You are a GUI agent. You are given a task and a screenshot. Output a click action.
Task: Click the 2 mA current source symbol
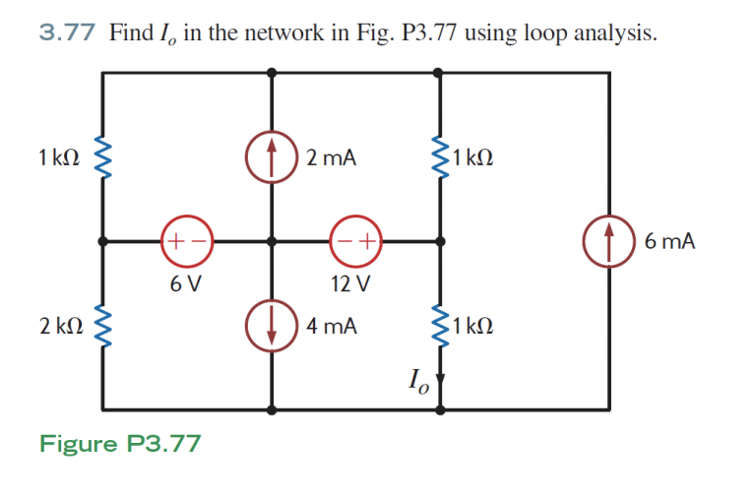pyautogui.click(x=273, y=158)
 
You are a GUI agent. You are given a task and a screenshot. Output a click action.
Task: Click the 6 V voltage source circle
pyautogui.click(x=183, y=240)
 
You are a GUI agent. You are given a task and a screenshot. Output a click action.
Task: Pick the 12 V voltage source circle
pyautogui.click(x=355, y=240)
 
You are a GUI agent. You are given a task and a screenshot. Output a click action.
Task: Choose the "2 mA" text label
pyautogui.click(x=331, y=157)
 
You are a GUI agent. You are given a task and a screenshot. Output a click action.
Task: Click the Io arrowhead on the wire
pyautogui.click(x=441, y=377)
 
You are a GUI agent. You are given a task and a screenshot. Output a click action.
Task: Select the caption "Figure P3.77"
pyautogui.click(x=120, y=444)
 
